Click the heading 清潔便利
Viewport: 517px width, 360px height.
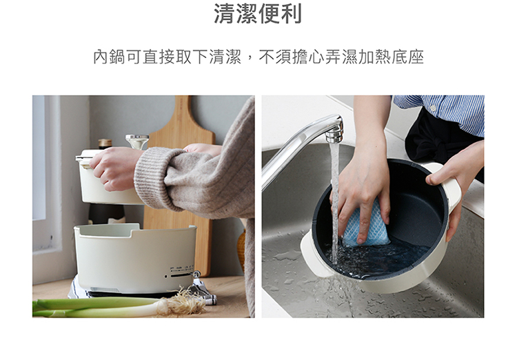coord(258,13)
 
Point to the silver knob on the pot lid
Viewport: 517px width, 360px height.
coord(137,141)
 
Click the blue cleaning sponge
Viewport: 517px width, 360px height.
coord(366,223)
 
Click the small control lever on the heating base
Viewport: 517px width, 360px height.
coord(196,274)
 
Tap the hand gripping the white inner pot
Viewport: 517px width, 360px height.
coord(112,168)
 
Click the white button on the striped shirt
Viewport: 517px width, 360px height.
coord(432,108)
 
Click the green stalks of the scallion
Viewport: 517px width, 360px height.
coord(96,306)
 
